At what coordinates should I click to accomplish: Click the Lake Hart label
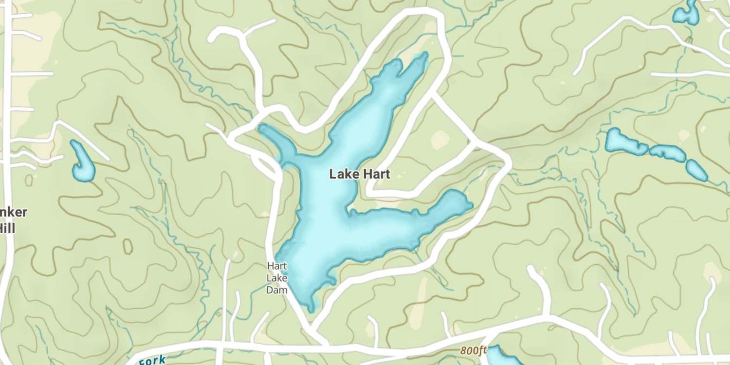click(359, 174)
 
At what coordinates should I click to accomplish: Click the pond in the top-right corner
click(686, 13)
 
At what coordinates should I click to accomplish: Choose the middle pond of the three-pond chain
click(667, 152)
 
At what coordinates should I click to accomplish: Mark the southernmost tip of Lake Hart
click(310, 309)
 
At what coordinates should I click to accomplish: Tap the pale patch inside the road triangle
click(440, 140)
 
